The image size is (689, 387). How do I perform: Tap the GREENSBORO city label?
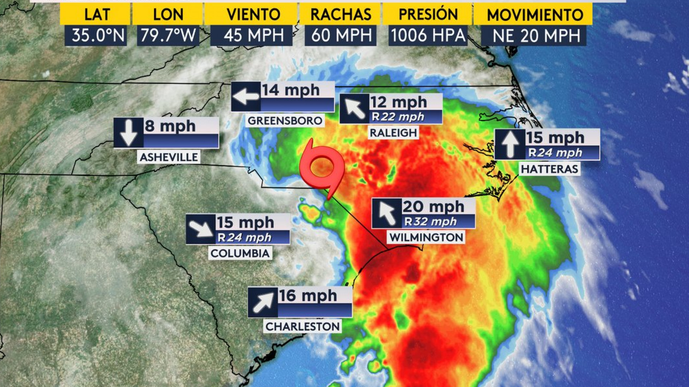[x=285, y=121]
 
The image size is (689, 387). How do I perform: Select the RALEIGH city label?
[x=393, y=133]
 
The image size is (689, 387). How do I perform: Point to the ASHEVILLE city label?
[x=169, y=157]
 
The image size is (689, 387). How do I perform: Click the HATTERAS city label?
[x=549, y=169]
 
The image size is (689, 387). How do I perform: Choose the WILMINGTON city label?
[x=426, y=237]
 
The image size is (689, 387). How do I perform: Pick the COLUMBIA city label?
[x=240, y=253]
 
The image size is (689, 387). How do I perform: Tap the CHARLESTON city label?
[x=302, y=326]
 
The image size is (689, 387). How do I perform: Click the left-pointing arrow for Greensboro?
[x=246, y=96]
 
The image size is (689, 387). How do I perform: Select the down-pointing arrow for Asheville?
[x=129, y=133]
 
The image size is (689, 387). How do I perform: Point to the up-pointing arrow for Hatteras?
[x=510, y=144]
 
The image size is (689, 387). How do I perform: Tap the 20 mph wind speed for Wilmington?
[x=433, y=207]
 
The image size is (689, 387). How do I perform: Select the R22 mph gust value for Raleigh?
[x=398, y=117]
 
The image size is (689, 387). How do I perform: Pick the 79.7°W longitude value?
[x=168, y=35]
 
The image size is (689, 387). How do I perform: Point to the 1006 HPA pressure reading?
[x=428, y=35]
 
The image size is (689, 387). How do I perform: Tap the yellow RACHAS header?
[x=341, y=15]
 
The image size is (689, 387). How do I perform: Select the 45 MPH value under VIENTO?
[x=253, y=35]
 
